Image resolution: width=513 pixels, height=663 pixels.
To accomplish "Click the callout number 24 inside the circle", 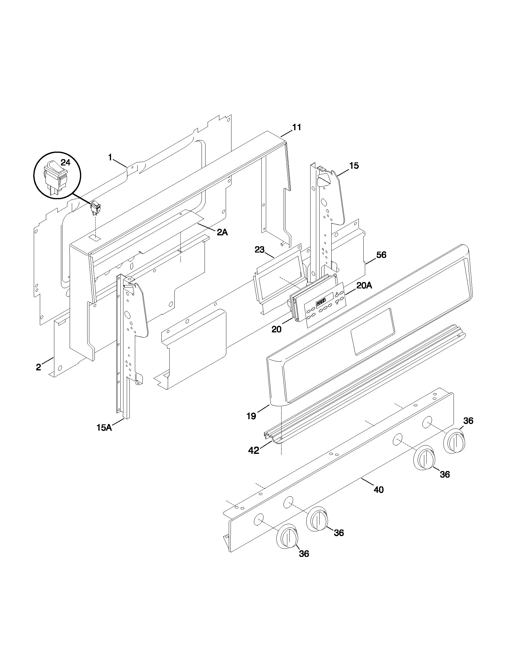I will [65, 163].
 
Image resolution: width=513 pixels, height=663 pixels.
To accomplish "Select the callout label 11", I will [297, 127].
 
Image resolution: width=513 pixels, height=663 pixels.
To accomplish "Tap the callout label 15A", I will [104, 428].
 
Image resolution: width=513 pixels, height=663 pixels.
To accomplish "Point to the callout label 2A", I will [222, 233].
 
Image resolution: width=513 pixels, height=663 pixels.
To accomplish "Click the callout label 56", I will [381, 255].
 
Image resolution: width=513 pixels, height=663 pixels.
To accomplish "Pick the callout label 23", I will [260, 250].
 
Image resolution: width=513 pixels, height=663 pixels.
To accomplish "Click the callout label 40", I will [378, 490].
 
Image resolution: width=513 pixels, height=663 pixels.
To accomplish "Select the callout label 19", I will [251, 416].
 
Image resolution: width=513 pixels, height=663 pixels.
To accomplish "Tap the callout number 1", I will [110, 157].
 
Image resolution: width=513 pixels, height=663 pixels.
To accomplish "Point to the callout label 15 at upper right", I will [354, 166].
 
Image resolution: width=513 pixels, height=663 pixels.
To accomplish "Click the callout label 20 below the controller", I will [276, 329].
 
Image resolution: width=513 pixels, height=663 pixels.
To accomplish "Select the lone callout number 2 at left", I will [38, 367].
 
